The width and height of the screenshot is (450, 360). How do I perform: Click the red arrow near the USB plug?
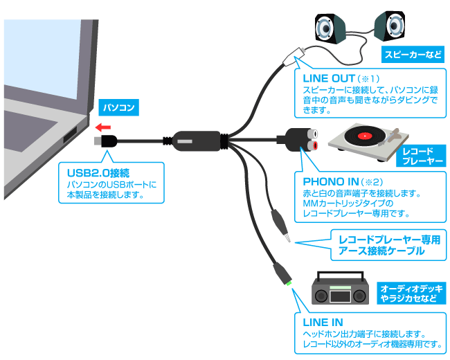[103, 127]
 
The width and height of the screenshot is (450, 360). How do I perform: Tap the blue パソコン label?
[118, 108]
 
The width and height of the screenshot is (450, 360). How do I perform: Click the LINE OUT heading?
[330, 78]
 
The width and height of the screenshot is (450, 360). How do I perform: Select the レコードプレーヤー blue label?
[421, 156]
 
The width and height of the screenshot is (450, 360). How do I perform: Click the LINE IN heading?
[323, 323]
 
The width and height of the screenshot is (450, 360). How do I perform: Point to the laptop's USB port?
[71, 137]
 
